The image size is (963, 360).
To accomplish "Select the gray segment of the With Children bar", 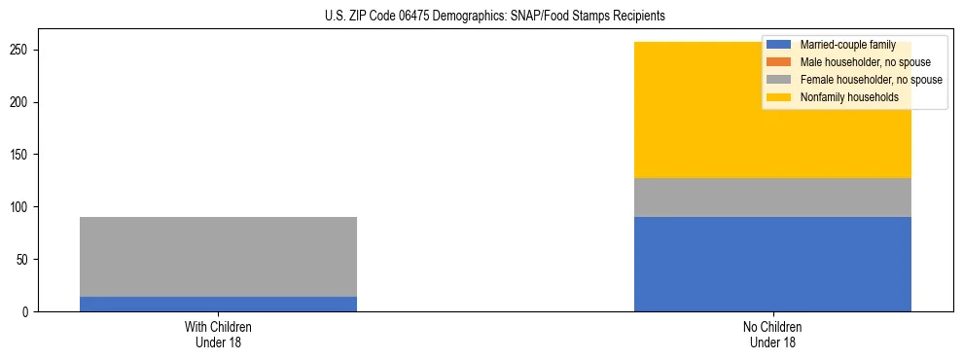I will tap(218, 256).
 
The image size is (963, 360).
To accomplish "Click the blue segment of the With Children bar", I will tap(218, 304).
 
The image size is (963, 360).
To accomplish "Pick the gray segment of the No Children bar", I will tap(772, 198).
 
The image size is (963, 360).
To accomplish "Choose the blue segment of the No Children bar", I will tap(772, 264).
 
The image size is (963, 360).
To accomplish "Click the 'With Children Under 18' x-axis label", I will tap(218, 334).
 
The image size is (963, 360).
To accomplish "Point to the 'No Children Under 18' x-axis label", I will tap(772, 334).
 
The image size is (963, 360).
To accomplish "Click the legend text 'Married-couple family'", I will tap(843, 45).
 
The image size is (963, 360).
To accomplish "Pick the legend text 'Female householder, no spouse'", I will tap(871, 80).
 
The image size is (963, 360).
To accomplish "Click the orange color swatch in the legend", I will tap(779, 62).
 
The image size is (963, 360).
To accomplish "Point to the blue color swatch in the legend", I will tap(779, 45).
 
